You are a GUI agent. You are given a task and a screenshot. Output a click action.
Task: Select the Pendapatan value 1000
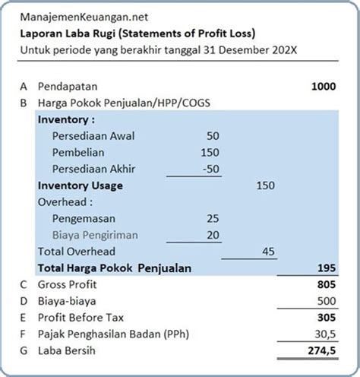click(x=323, y=87)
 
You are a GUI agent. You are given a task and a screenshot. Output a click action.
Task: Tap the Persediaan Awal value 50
click(x=212, y=135)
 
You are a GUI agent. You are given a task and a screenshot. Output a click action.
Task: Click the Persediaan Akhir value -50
click(x=209, y=169)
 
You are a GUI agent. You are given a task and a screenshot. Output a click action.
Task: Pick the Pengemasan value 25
click(x=212, y=219)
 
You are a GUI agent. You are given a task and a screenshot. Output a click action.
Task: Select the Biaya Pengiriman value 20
click(x=212, y=236)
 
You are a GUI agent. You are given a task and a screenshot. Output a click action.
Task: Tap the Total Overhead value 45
click(x=268, y=252)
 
